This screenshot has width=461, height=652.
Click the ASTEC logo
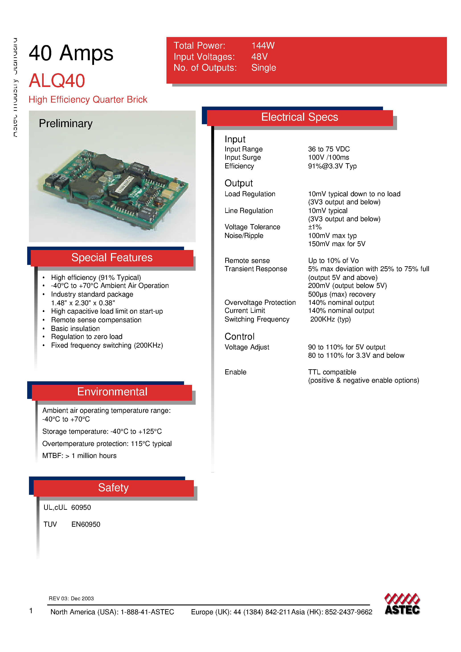[402, 604]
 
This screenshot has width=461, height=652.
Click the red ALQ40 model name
[57, 81]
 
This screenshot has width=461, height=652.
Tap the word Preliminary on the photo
[66, 124]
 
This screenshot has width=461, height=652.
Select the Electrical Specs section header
[299, 117]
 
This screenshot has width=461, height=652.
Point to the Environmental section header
[112, 392]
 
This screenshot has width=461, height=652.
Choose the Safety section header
[113, 487]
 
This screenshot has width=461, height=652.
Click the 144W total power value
[263, 45]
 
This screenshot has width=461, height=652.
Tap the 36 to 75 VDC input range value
[329, 149]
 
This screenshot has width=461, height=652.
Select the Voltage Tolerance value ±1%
[315, 227]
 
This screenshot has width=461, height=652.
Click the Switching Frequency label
[257, 319]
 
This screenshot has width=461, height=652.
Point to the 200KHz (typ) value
[330, 319]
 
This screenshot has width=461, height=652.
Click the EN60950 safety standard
[86, 524]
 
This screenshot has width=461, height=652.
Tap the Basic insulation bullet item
[75, 329]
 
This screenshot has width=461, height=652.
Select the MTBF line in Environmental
[79, 456]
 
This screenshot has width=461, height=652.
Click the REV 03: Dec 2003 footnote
[71, 598]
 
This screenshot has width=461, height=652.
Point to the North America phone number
[112, 612]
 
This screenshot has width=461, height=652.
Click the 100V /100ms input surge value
[328, 157]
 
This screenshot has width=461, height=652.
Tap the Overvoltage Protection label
[260, 303]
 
